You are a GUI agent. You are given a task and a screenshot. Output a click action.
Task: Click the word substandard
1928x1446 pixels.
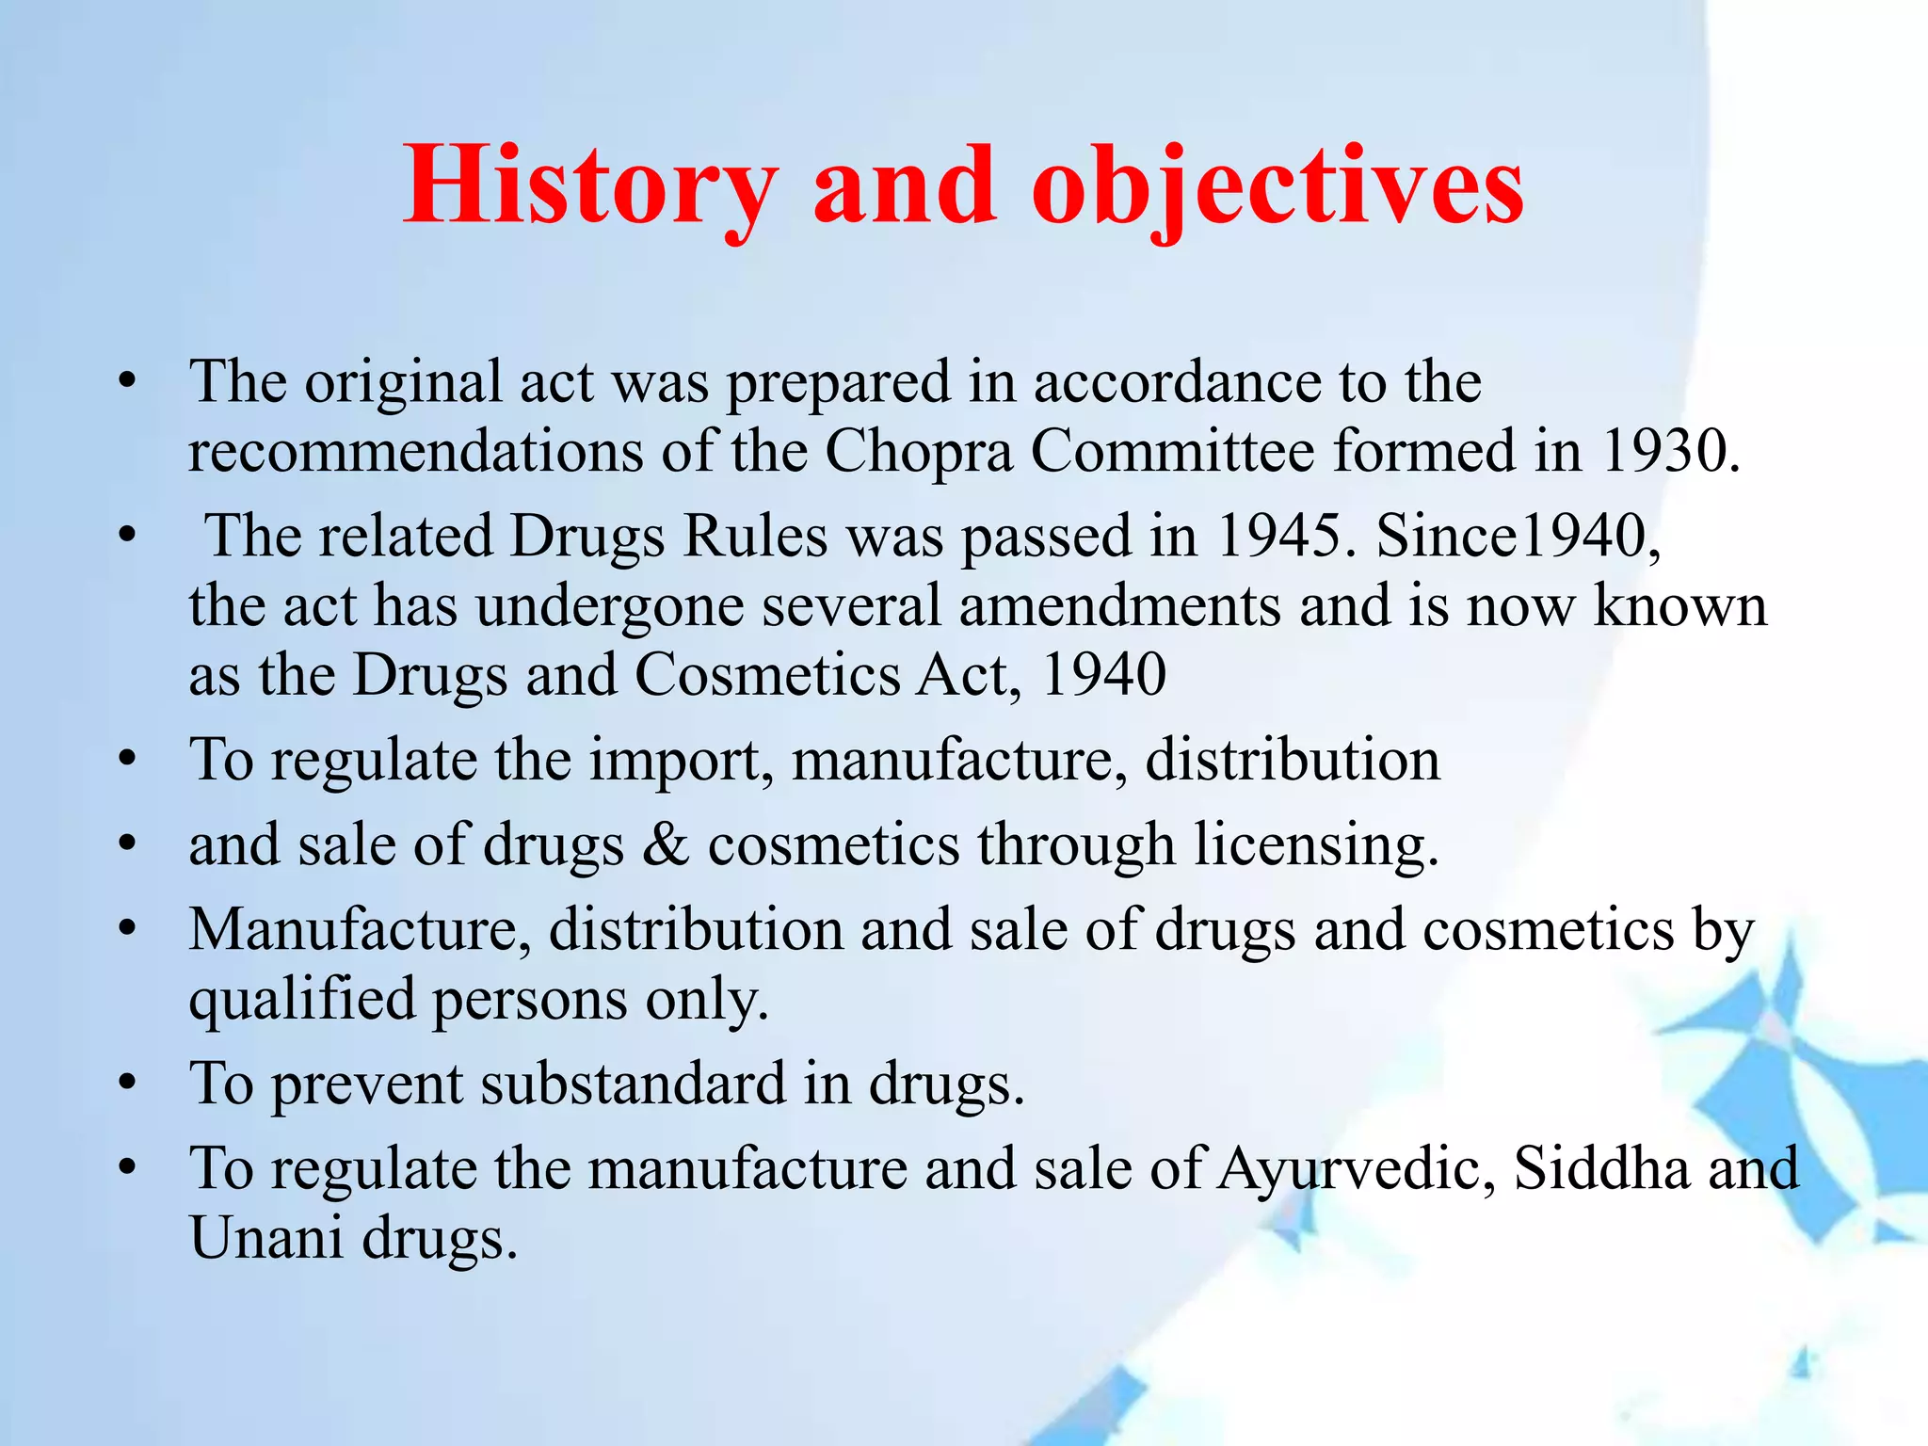(633, 1084)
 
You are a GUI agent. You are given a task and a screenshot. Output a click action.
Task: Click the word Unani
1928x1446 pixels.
(266, 1238)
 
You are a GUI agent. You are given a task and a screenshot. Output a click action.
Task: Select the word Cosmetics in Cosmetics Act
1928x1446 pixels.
(767, 675)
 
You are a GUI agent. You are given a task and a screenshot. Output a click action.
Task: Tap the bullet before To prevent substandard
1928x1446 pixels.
(128, 1084)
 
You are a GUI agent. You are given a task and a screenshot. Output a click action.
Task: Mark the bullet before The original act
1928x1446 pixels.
(128, 381)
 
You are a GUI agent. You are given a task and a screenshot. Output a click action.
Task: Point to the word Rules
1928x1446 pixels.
(755, 536)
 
